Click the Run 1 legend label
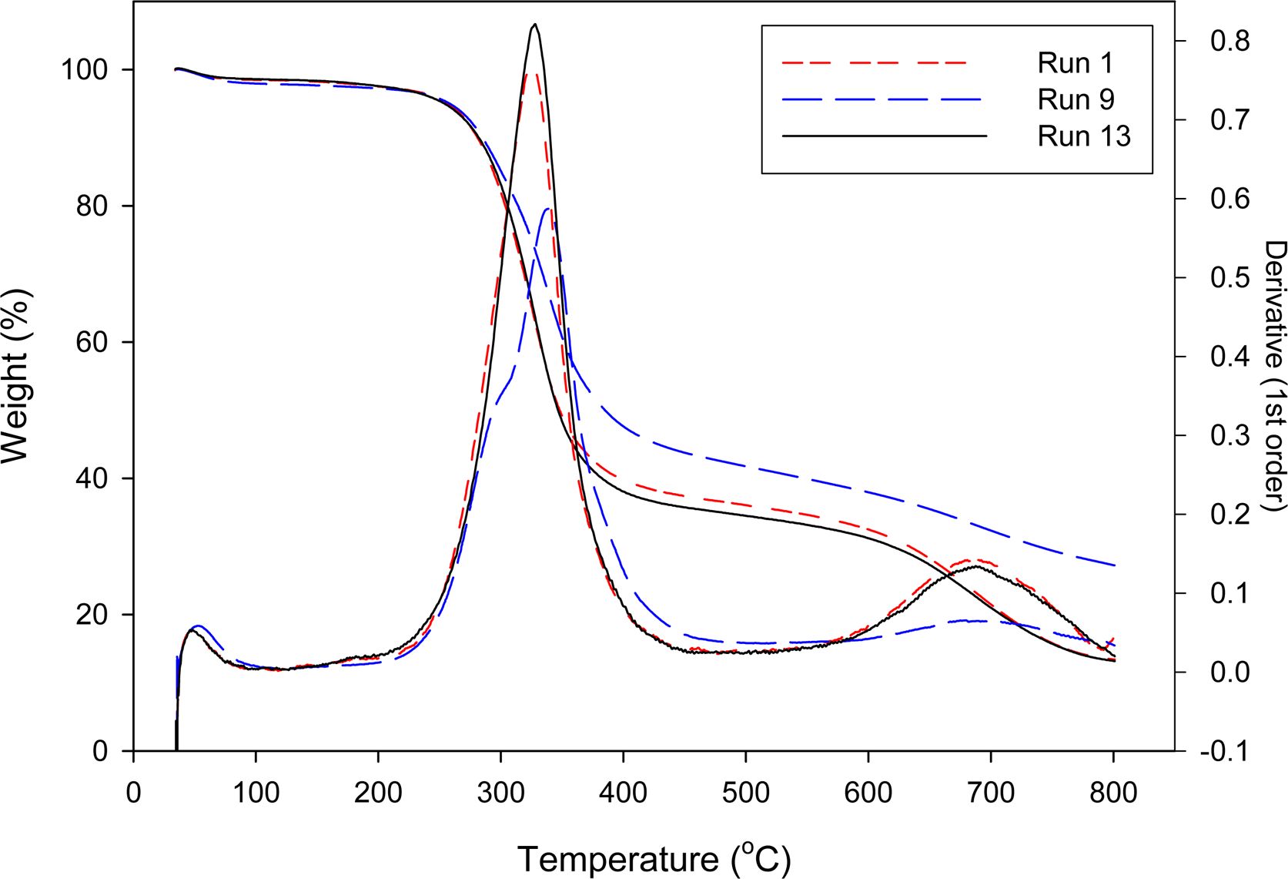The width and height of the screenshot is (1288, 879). tap(1075, 63)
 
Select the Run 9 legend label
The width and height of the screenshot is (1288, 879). tap(1076, 99)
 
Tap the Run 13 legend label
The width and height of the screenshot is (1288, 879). tap(1084, 136)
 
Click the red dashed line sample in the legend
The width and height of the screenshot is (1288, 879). tap(875, 62)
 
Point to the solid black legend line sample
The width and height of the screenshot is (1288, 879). tap(884, 136)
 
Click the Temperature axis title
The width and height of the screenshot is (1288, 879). tap(653, 858)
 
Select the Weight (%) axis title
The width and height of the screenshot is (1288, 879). tap(15, 376)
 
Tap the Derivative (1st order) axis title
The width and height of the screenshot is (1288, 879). tap(1274, 375)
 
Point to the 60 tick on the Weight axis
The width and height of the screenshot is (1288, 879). tap(92, 343)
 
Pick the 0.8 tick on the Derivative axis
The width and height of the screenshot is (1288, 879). tap(1229, 41)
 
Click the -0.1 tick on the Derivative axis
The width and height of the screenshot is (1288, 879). tap(1224, 751)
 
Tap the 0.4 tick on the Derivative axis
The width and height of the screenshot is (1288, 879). tap(1229, 357)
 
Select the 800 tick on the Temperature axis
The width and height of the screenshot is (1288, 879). tap(1113, 793)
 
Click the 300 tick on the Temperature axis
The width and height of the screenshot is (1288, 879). tap(500, 793)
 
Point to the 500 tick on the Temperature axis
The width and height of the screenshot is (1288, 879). tap(745, 793)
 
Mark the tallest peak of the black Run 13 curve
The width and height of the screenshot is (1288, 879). tap(535, 25)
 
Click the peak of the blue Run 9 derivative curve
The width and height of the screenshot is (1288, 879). tap(547, 208)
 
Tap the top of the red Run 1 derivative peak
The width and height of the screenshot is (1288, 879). tap(530, 74)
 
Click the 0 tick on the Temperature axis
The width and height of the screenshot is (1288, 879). tap(134, 793)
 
